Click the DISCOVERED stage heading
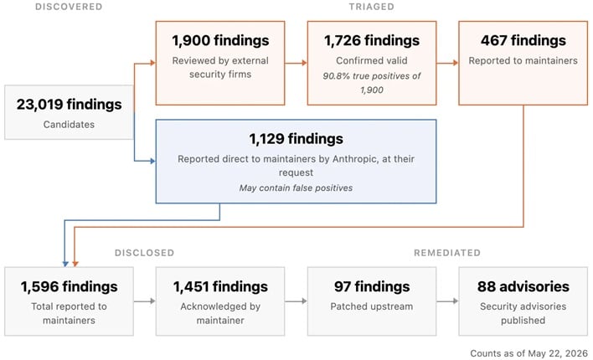pos(69,7)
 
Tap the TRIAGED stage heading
pos(371,7)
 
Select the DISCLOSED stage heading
pos(144,253)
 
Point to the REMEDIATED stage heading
pos(447,253)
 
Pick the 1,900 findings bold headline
pos(220,40)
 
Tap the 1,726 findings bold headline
pos(372,40)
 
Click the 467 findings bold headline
pos(523,40)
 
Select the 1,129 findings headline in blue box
pos(296,139)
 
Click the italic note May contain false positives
pos(296,188)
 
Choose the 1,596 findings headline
pos(70,286)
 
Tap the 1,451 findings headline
pos(220,286)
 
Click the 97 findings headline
pos(372,286)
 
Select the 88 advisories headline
pos(523,286)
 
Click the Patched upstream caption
pos(372,306)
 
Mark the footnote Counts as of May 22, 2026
pos(529,353)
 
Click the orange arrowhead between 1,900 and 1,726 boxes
pos(304,63)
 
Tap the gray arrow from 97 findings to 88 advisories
pos(447,301)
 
